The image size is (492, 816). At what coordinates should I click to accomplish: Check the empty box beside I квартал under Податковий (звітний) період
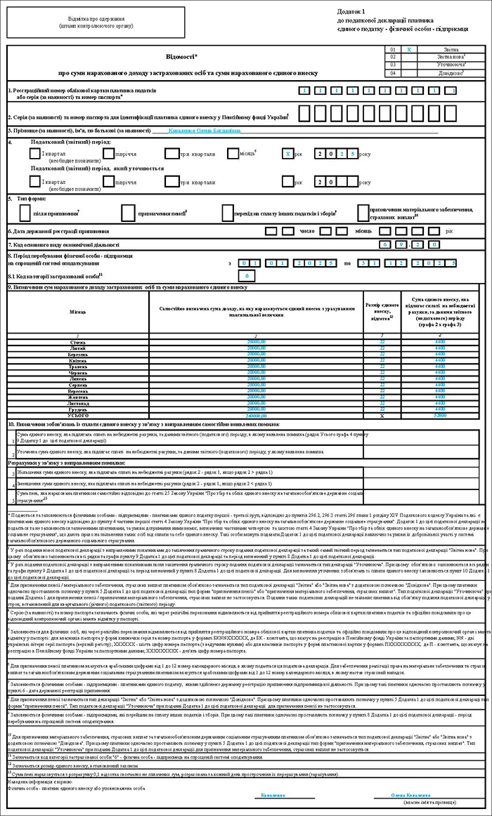36,154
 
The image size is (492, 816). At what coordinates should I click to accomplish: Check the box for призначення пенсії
128,210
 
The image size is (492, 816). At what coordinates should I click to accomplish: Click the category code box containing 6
242,277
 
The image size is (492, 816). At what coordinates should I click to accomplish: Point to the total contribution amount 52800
440,416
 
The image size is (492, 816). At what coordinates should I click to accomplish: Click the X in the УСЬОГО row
382,416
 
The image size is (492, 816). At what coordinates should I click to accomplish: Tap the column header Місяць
77,309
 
